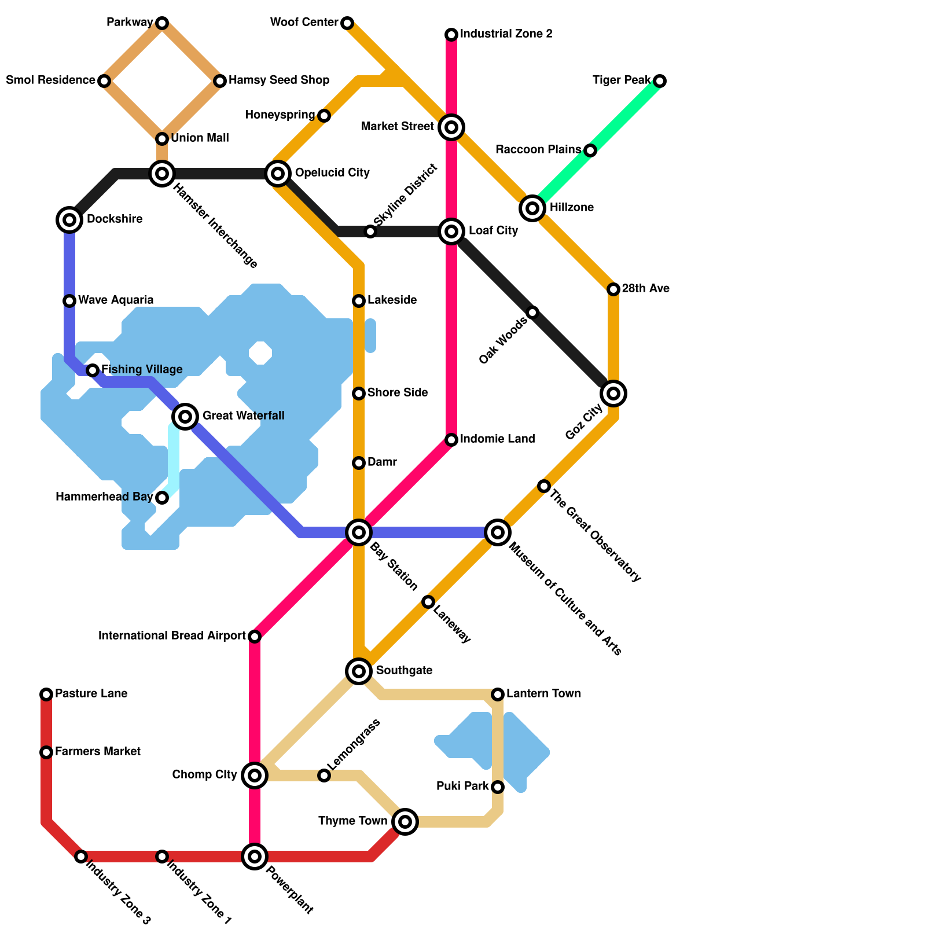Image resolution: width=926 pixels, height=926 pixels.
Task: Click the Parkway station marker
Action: [162, 23]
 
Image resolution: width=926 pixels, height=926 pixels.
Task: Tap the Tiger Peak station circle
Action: [660, 81]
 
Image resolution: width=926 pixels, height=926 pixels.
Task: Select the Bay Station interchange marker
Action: [359, 532]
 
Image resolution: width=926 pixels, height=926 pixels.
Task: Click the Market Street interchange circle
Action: [451, 127]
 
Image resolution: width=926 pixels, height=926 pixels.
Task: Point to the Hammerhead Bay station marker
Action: [162, 498]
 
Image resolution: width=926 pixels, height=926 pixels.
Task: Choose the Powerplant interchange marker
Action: [255, 857]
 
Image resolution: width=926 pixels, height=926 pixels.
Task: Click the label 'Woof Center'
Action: [304, 23]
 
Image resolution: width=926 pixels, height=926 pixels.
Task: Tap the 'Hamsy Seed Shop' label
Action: [279, 80]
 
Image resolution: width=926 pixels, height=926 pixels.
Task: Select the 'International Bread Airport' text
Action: [172, 636]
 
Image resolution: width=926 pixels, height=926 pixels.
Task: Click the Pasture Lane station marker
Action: [46, 694]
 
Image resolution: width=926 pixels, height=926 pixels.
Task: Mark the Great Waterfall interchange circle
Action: [185, 416]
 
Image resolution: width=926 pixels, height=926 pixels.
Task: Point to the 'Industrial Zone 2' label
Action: [506, 34]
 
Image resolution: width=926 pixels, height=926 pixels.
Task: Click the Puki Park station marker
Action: [498, 787]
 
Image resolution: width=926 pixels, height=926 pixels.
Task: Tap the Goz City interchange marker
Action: [613, 394]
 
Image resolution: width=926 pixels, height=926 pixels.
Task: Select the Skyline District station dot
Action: [370, 231]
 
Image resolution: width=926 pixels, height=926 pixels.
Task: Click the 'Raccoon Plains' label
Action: [538, 150]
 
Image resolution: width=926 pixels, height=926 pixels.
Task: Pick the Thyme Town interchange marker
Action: [405, 821]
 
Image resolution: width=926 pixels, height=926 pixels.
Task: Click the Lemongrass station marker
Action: [324, 776]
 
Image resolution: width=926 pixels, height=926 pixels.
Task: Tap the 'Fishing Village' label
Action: [142, 369]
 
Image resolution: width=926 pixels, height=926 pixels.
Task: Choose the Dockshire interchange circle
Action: [69, 219]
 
